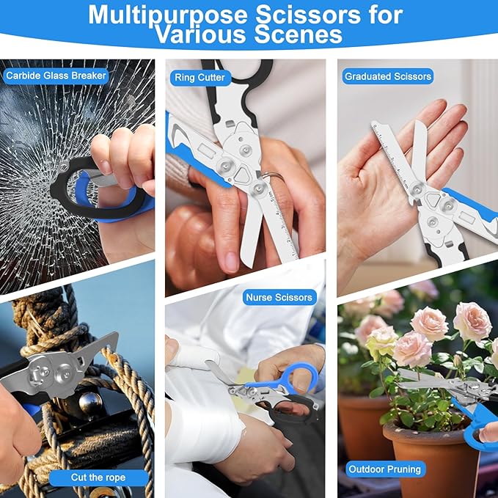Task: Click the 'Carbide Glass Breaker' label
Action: pyautogui.click(x=56, y=76)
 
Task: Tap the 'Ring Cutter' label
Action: pyautogui.click(x=199, y=78)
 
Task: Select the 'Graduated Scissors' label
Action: pyautogui.click(x=388, y=76)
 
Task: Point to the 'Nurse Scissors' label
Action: pyautogui.click(x=279, y=297)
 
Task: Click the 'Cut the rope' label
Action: pyautogui.click(x=98, y=477)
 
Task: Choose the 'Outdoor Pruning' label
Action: pyautogui.click(x=385, y=469)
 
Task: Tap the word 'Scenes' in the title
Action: pyautogui.click(x=299, y=34)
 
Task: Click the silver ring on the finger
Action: pyautogui.click(x=273, y=177)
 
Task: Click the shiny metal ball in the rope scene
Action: pyautogui.click(x=90, y=403)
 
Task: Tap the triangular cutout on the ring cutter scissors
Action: pyautogui.click(x=243, y=175)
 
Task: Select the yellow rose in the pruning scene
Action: pyautogui.click(x=381, y=342)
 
